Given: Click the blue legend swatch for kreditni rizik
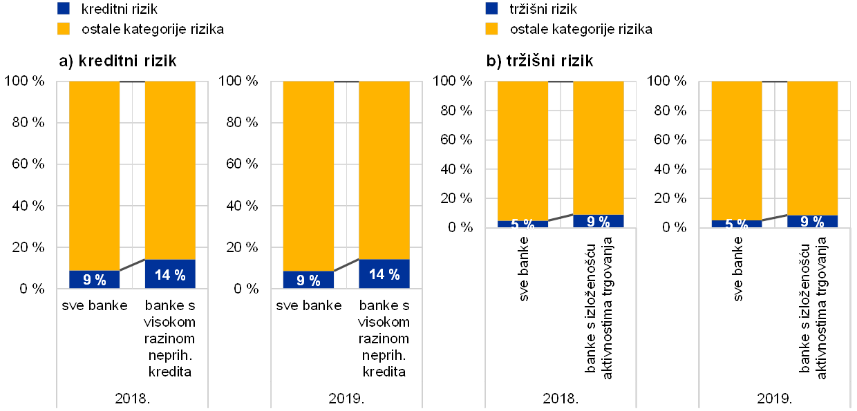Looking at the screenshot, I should click(x=64, y=8).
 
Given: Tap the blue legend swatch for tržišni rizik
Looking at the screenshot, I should click(x=492, y=8).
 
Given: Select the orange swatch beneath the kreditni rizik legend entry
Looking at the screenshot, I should click(x=64, y=29).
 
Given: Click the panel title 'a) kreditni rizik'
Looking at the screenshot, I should click(x=118, y=61).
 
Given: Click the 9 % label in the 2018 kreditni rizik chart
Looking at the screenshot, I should click(x=95, y=280).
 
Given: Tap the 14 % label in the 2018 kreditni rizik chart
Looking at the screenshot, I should click(x=170, y=275).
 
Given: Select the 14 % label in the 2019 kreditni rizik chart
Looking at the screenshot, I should click(x=384, y=275).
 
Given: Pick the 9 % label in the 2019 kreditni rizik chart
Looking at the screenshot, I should click(x=309, y=280).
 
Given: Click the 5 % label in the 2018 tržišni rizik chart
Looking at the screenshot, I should click(x=523, y=224).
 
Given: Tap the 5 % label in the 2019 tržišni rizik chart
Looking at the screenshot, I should click(x=737, y=224).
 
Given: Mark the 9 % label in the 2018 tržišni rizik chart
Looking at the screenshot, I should click(x=599, y=222).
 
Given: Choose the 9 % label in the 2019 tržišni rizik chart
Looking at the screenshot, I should click(x=813, y=222).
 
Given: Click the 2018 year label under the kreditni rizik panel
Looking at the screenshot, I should click(x=132, y=399).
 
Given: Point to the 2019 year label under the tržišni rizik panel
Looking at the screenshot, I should click(x=775, y=399).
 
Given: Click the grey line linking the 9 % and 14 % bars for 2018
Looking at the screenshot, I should click(x=133, y=265).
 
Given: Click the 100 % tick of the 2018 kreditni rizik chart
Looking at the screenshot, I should click(x=28, y=82).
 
